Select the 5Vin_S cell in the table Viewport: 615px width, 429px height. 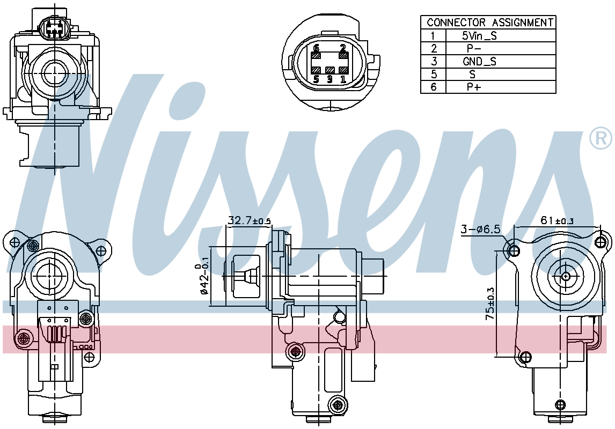pyautogui.click(x=479, y=36)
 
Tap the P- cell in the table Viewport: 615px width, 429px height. pyautogui.click(x=474, y=49)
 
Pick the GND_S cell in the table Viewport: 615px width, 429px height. pyautogui.click(x=479, y=62)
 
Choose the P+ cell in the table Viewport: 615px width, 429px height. pyautogui.click(x=474, y=87)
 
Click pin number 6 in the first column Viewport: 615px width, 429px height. pyautogui.click(x=434, y=87)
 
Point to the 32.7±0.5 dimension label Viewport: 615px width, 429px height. pyautogui.click(x=250, y=220)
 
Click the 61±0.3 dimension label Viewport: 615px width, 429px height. pyautogui.click(x=557, y=220)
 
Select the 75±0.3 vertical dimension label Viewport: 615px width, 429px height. pyautogui.click(x=490, y=304)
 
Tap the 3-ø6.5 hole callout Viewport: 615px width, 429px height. pyautogui.click(x=480, y=230)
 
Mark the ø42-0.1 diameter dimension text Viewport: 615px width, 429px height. pyautogui.click(x=203, y=279)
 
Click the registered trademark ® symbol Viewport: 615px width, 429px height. pyautogui.click(x=601, y=138)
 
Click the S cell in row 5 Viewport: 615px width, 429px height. pyautogui.click(x=473, y=75)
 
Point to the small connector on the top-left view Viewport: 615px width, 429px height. pyautogui.click(x=54, y=28)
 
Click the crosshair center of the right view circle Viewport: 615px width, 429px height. pyautogui.click(x=566, y=276)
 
